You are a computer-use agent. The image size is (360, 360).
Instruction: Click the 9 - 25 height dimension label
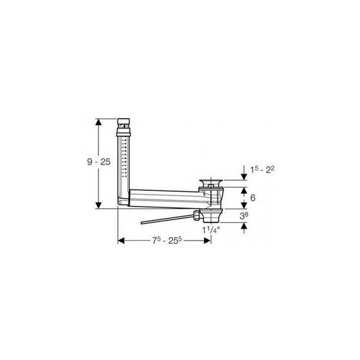point(99,162)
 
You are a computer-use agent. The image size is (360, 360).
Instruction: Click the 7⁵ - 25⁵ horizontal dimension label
point(167,240)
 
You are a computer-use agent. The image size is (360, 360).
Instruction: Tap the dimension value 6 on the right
point(253,198)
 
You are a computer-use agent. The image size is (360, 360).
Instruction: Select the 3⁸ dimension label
point(244,216)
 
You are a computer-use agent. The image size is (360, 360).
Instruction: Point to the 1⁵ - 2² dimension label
point(262,170)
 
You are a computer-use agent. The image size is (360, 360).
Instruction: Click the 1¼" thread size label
point(211,230)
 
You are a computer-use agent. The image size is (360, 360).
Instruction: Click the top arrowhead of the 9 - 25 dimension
point(99,122)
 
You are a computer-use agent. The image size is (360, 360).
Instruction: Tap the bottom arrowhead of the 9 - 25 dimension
point(99,205)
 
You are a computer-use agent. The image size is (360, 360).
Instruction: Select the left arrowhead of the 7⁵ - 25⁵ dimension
point(121,240)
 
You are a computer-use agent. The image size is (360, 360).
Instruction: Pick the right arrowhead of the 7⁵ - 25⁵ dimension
point(207,240)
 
